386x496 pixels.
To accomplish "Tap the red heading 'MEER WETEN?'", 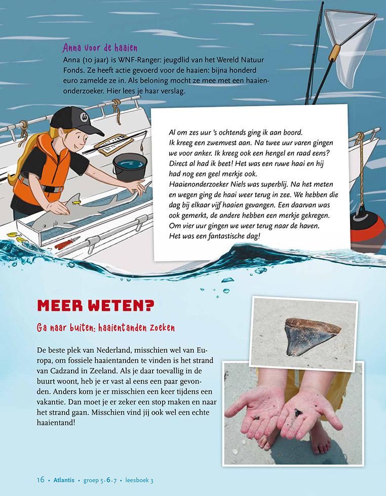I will [96, 307].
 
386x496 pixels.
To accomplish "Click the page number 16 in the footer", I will [41, 480].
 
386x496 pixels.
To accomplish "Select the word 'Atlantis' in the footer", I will [65, 480].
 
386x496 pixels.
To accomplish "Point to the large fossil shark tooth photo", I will [306, 336].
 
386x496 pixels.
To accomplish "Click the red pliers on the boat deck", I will [65, 244].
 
